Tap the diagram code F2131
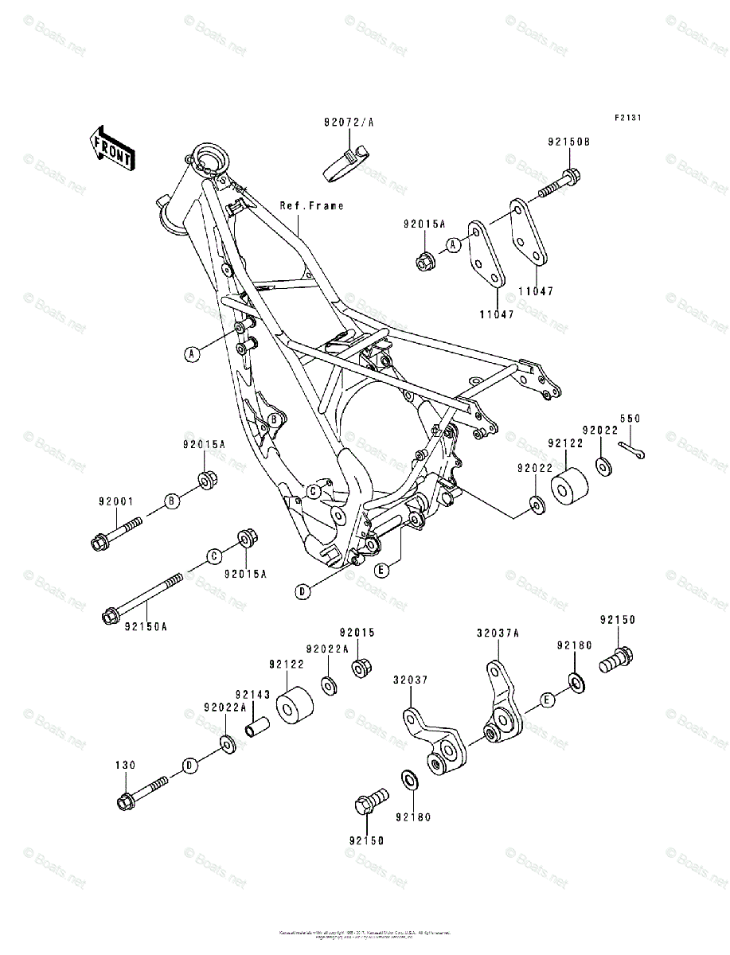627,118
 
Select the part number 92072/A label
348,123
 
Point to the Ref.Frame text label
311,205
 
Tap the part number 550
630,419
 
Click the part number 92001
116,501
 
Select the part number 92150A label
146,626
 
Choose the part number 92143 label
251,694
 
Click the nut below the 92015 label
359,668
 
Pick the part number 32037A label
498,633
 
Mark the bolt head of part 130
125,801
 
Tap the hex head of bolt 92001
101,544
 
